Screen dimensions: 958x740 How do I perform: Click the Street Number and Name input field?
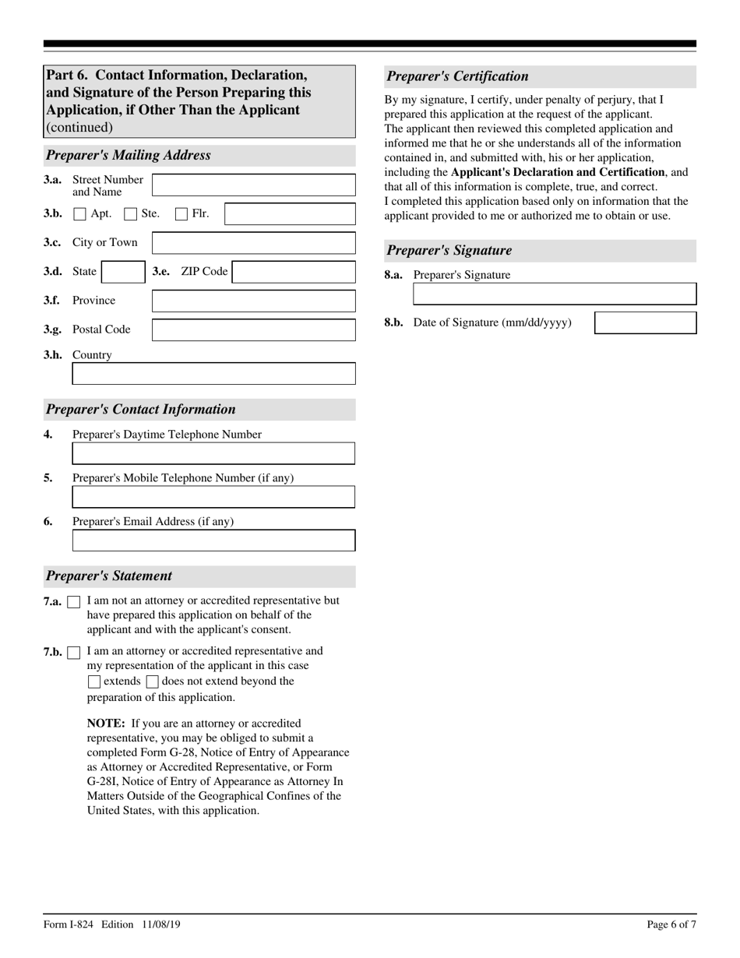click(253, 185)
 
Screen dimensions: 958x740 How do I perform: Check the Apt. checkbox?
click(80, 214)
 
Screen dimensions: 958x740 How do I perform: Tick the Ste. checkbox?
click(131, 214)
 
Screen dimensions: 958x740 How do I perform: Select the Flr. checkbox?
click(181, 214)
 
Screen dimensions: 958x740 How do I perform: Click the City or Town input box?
click(253, 243)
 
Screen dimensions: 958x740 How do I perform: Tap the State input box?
click(122, 272)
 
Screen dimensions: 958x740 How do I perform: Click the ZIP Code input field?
click(294, 272)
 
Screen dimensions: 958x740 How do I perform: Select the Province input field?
click(253, 301)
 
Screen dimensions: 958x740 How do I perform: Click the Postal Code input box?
click(253, 329)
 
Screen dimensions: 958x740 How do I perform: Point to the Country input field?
click(213, 374)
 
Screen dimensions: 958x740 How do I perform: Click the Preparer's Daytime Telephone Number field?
click(213, 453)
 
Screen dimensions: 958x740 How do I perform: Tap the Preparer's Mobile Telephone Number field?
click(213, 497)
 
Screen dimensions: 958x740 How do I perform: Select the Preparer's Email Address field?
click(213, 541)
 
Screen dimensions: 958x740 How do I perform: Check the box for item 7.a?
click(74, 602)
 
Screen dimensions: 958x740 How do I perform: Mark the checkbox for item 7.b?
click(74, 652)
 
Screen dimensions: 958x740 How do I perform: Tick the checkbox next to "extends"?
click(94, 682)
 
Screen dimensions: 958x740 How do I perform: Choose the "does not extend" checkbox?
click(153, 682)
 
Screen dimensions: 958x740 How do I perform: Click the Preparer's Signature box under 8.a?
click(555, 294)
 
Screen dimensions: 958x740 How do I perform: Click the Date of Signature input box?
click(645, 323)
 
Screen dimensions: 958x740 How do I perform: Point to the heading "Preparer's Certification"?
click(457, 76)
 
